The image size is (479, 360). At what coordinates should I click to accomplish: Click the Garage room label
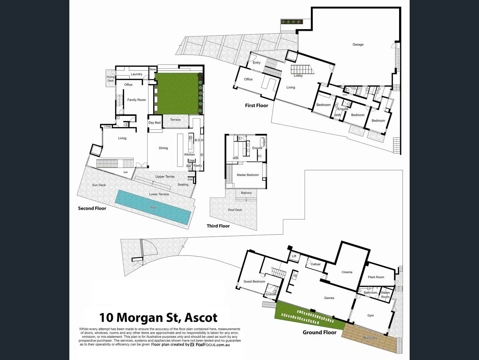358,44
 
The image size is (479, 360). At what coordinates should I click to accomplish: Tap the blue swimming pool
153,207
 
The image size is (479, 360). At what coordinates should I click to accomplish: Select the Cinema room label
347,272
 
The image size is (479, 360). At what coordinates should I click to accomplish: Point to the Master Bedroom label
248,175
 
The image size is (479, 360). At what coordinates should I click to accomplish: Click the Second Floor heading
92,208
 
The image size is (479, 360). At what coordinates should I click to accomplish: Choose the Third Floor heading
218,226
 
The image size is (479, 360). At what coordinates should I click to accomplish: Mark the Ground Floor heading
319,332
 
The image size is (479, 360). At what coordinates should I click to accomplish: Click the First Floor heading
256,106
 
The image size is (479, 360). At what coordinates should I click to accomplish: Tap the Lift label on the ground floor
294,256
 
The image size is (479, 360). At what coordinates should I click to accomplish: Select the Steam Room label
385,295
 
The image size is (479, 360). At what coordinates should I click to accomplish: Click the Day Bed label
154,123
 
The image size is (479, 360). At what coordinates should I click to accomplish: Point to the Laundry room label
136,74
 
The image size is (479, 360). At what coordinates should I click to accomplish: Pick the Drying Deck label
110,79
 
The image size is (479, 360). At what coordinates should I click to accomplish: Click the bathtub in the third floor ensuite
263,142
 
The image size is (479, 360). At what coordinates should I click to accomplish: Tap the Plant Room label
376,277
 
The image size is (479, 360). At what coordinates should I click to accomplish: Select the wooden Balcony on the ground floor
370,338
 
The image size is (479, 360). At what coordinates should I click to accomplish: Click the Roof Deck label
235,210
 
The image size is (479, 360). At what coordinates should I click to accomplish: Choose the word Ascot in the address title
201,318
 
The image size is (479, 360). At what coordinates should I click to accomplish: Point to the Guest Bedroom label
254,281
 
